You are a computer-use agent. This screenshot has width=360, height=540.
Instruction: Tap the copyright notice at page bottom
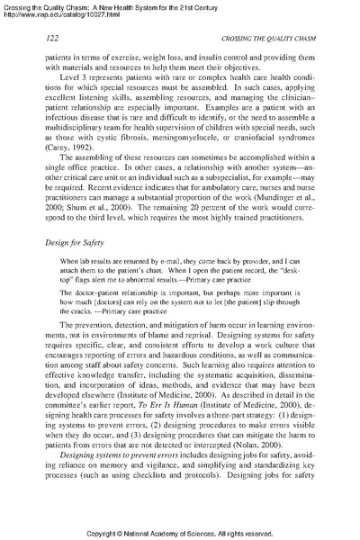tap(180, 532)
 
